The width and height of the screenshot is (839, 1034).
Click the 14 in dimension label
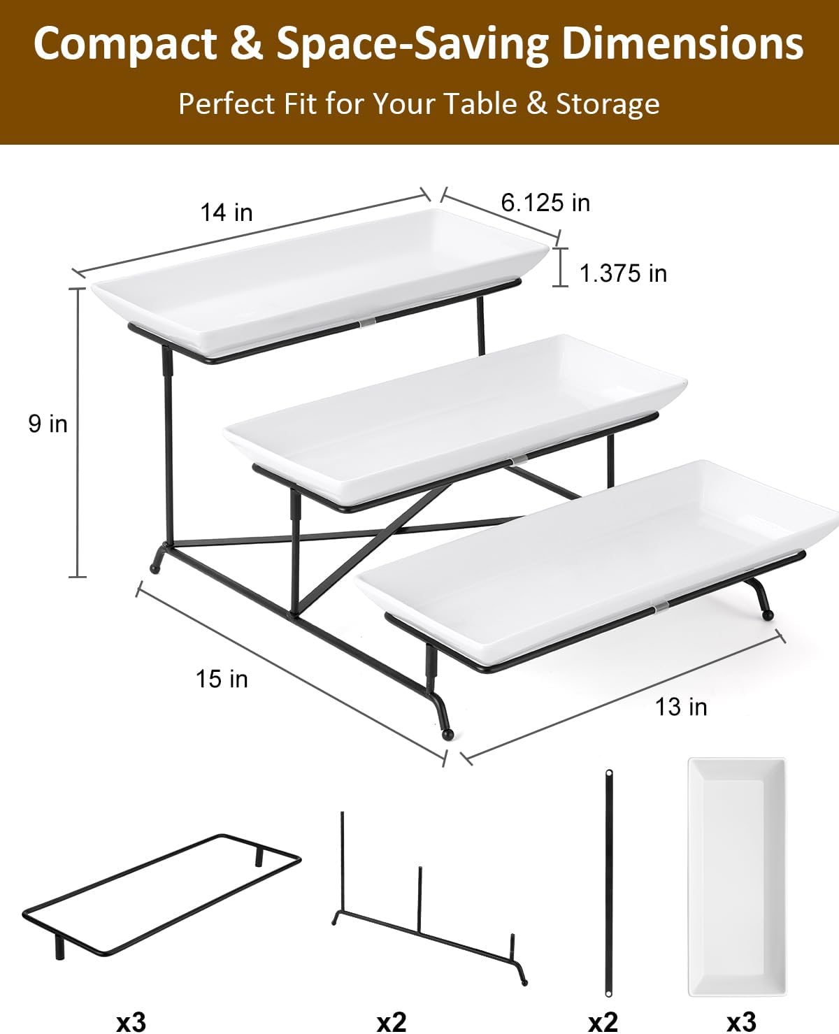point(226,212)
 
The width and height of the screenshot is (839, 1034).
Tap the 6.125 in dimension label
point(545,203)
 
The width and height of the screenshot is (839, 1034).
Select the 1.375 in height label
point(623,273)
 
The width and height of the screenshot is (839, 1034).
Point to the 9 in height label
point(48,424)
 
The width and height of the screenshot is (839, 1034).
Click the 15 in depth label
point(222,679)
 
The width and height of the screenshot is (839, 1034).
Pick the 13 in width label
point(680,707)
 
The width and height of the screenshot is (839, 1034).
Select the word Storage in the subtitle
point(607,103)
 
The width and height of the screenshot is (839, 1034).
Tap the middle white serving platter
point(454,412)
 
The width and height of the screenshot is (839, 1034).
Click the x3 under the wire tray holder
point(131,1021)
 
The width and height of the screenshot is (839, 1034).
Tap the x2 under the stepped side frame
point(391,1021)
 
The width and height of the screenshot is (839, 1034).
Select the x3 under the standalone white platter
point(740,1021)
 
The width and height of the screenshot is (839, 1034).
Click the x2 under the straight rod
point(603,1021)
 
